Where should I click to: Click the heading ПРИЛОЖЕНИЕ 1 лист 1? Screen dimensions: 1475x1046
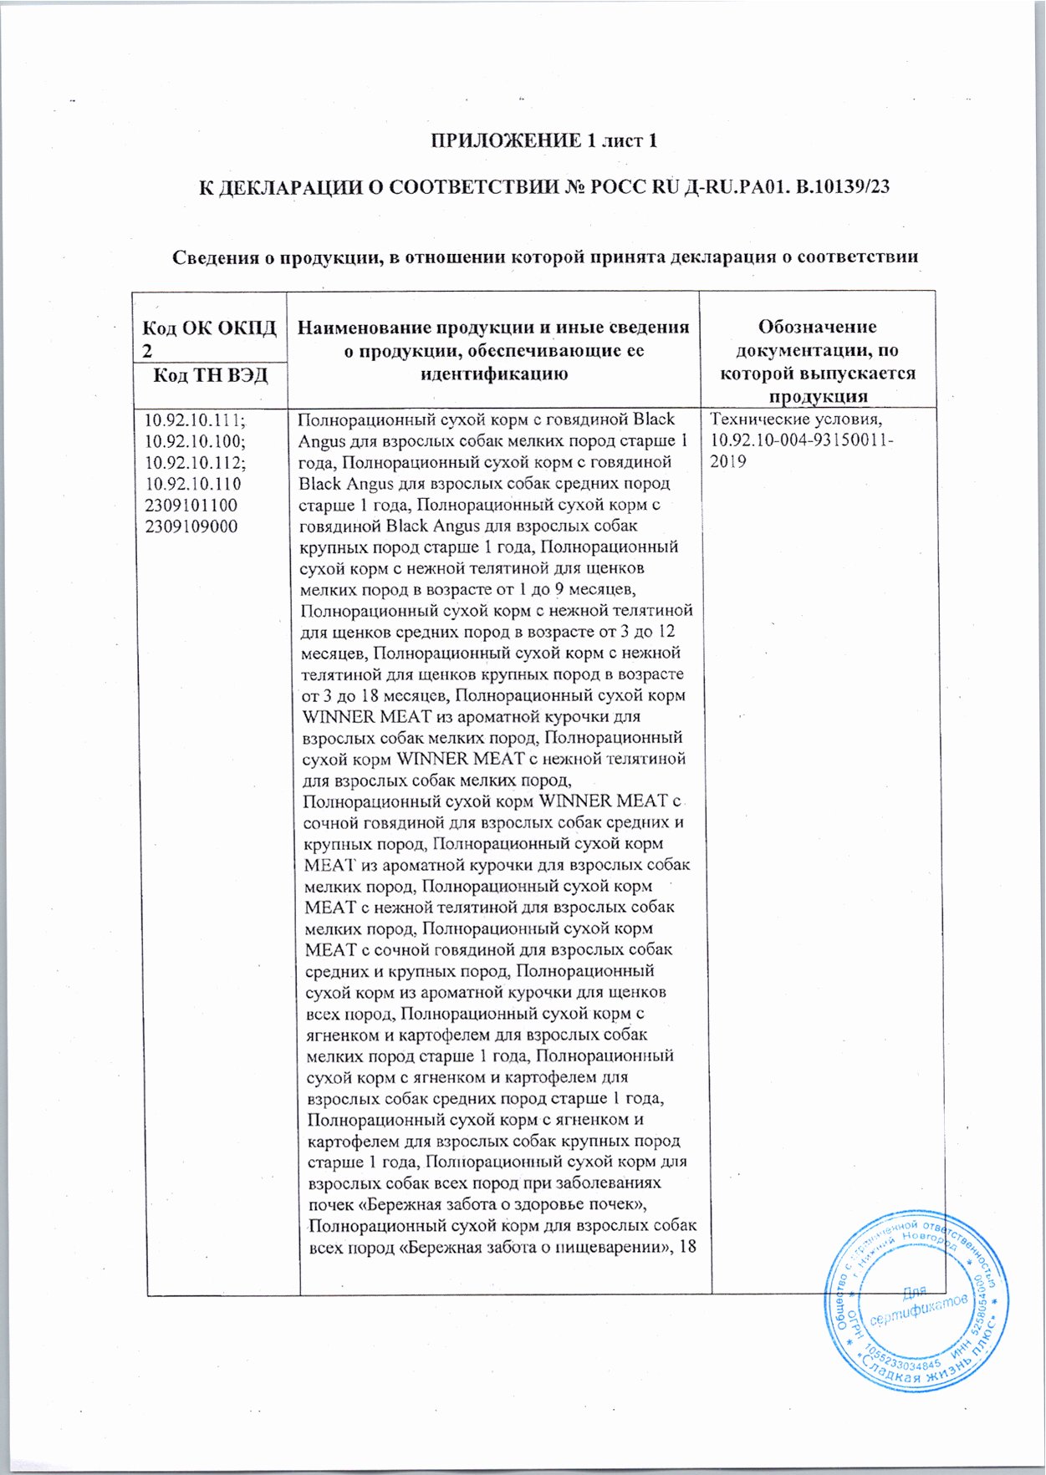tap(543, 140)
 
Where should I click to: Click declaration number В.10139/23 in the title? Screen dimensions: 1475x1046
tap(844, 186)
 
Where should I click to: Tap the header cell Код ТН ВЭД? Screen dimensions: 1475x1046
tap(210, 374)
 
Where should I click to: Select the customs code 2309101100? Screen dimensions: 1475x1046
tap(191, 505)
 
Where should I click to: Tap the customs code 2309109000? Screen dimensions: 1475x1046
tap(191, 526)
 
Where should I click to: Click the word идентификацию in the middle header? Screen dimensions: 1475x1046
tap(493, 374)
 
